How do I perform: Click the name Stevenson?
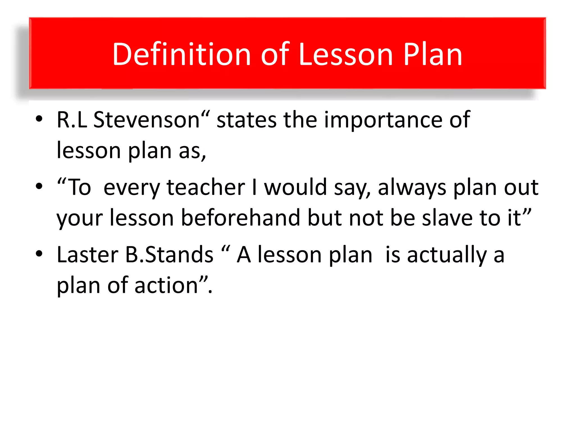pos(146,120)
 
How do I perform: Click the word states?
pos(247,120)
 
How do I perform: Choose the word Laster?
pos(87,255)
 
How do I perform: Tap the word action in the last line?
pos(166,285)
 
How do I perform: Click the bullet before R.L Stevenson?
pos(39,119)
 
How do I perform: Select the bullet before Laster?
pos(39,253)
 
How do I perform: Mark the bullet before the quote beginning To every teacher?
pos(39,186)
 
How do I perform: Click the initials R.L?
pos(72,120)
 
